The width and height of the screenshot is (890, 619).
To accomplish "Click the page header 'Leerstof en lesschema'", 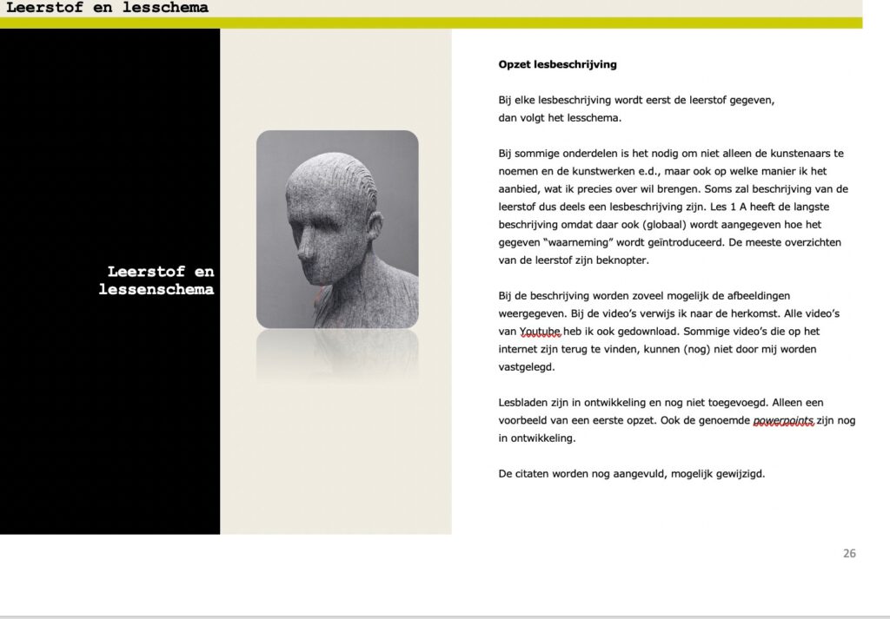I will point(107,9).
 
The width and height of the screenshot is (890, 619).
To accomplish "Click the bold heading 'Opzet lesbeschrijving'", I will point(557,64).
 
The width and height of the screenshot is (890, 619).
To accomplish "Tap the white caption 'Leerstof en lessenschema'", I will point(156,280).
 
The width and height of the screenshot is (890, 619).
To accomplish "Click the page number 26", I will point(849,553).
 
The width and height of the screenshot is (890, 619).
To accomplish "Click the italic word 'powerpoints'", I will point(783,421).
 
